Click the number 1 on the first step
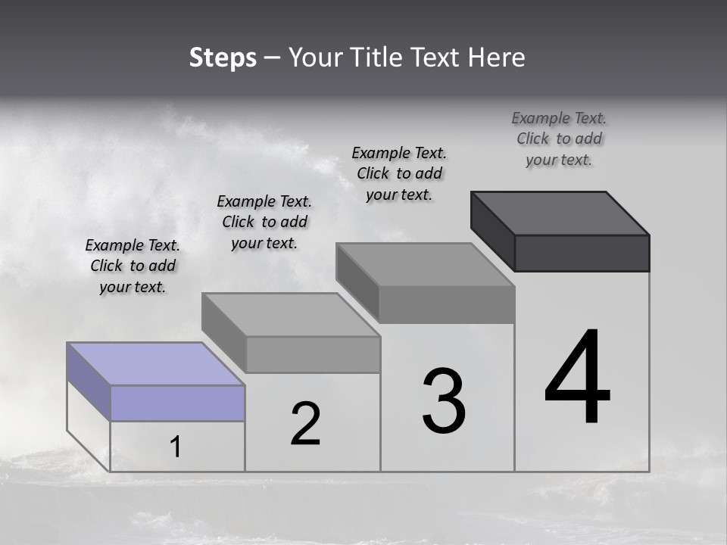tap(176, 447)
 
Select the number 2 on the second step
tap(305, 424)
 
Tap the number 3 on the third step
tap(444, 401)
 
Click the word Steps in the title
tap(223, 58)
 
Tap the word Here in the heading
tap(496, 58)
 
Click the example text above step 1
tap(133, 266)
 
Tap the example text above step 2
tap(264, 222)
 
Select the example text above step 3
tap(399, 173)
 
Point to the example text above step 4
tap(559, 139)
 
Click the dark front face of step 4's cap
tap(582, 253)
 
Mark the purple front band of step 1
tap(177, 403)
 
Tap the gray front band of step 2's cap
tap(314, 354)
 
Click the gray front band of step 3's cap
tap(447, 304)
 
